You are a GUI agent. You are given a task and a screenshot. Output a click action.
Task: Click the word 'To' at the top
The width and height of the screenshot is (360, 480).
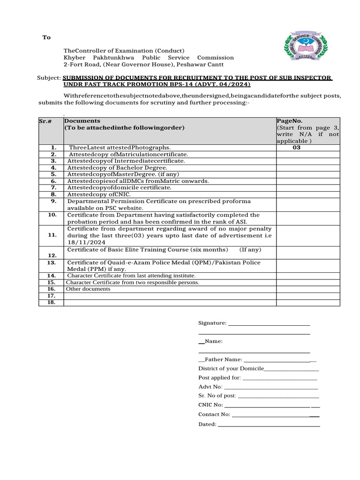pyautogui.click(x=46, y=37)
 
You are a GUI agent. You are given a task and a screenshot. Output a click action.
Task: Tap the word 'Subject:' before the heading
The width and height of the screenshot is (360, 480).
pyautogui.click(x=49, y=77)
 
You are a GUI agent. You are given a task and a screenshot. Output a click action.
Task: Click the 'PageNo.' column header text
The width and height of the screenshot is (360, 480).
pyautogui.click(x=287, y=121)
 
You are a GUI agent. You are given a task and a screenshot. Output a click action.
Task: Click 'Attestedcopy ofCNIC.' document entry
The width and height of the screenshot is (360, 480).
pyautogui.click(x=99, y=194)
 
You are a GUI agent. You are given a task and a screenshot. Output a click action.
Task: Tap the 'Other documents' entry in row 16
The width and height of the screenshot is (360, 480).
pyautogui.click(x=88, y=289)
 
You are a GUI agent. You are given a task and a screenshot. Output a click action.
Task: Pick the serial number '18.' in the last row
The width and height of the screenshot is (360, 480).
pyautogui.click(x=52, y=302)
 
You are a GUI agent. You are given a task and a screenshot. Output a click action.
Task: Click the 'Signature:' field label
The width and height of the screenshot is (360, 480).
pyautogui.click(x=212, y=323)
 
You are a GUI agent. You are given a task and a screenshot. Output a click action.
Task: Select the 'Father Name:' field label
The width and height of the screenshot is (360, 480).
pyautogui.click(x=223, y=360)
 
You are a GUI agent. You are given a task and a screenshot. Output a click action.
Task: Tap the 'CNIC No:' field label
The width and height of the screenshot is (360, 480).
pyautogui.click(x=210, y=405)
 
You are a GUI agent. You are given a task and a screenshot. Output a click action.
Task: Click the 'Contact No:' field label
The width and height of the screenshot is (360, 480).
pyautogui.click(x=214, y=414)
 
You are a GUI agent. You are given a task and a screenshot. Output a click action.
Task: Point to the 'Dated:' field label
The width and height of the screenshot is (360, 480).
pyautogui.click(x=207, y=424)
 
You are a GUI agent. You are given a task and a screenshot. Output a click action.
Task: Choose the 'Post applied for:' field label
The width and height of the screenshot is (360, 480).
pyautogui.click(x=219, y=377)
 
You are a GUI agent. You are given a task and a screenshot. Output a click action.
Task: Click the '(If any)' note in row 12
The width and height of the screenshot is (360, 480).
pyautogui.click(x=250, y=249)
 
